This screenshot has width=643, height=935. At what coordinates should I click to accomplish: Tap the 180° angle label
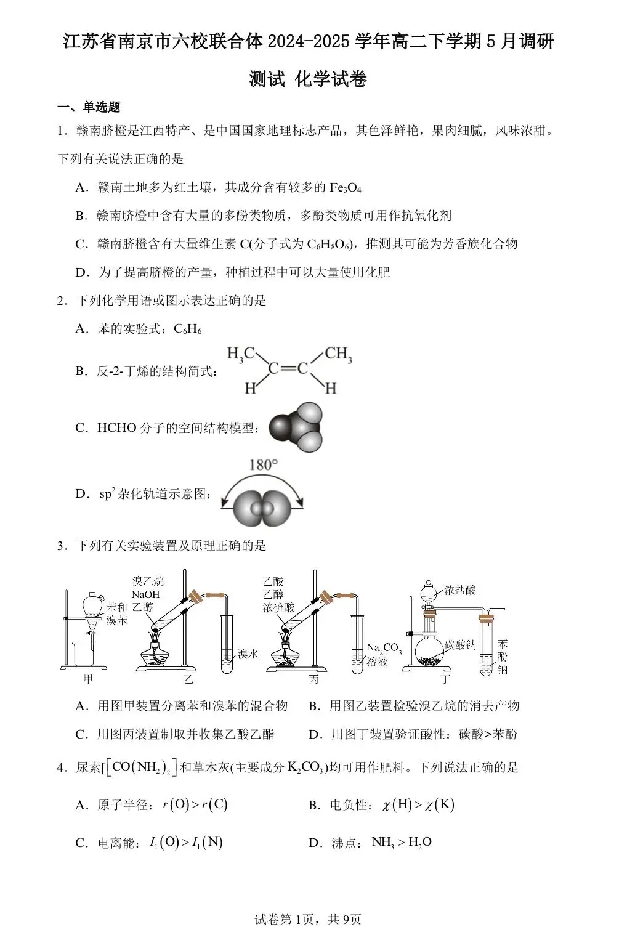263,465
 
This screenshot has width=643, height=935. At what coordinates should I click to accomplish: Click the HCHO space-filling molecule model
296,427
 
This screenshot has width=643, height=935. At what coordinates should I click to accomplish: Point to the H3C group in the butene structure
241,354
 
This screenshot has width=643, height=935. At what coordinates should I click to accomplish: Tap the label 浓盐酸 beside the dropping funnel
460,590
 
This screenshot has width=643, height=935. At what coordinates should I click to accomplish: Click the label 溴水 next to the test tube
248,654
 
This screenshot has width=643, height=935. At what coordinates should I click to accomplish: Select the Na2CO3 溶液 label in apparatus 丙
383,655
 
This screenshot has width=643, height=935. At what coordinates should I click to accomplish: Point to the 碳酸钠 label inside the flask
460,645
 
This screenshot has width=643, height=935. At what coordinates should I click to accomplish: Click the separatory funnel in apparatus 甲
92,607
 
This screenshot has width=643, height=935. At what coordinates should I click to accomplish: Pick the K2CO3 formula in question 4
306,767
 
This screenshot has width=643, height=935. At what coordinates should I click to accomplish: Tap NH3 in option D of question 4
382,842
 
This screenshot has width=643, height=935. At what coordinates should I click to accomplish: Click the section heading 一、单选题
89,107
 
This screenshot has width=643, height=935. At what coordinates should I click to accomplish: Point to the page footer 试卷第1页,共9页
307,919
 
